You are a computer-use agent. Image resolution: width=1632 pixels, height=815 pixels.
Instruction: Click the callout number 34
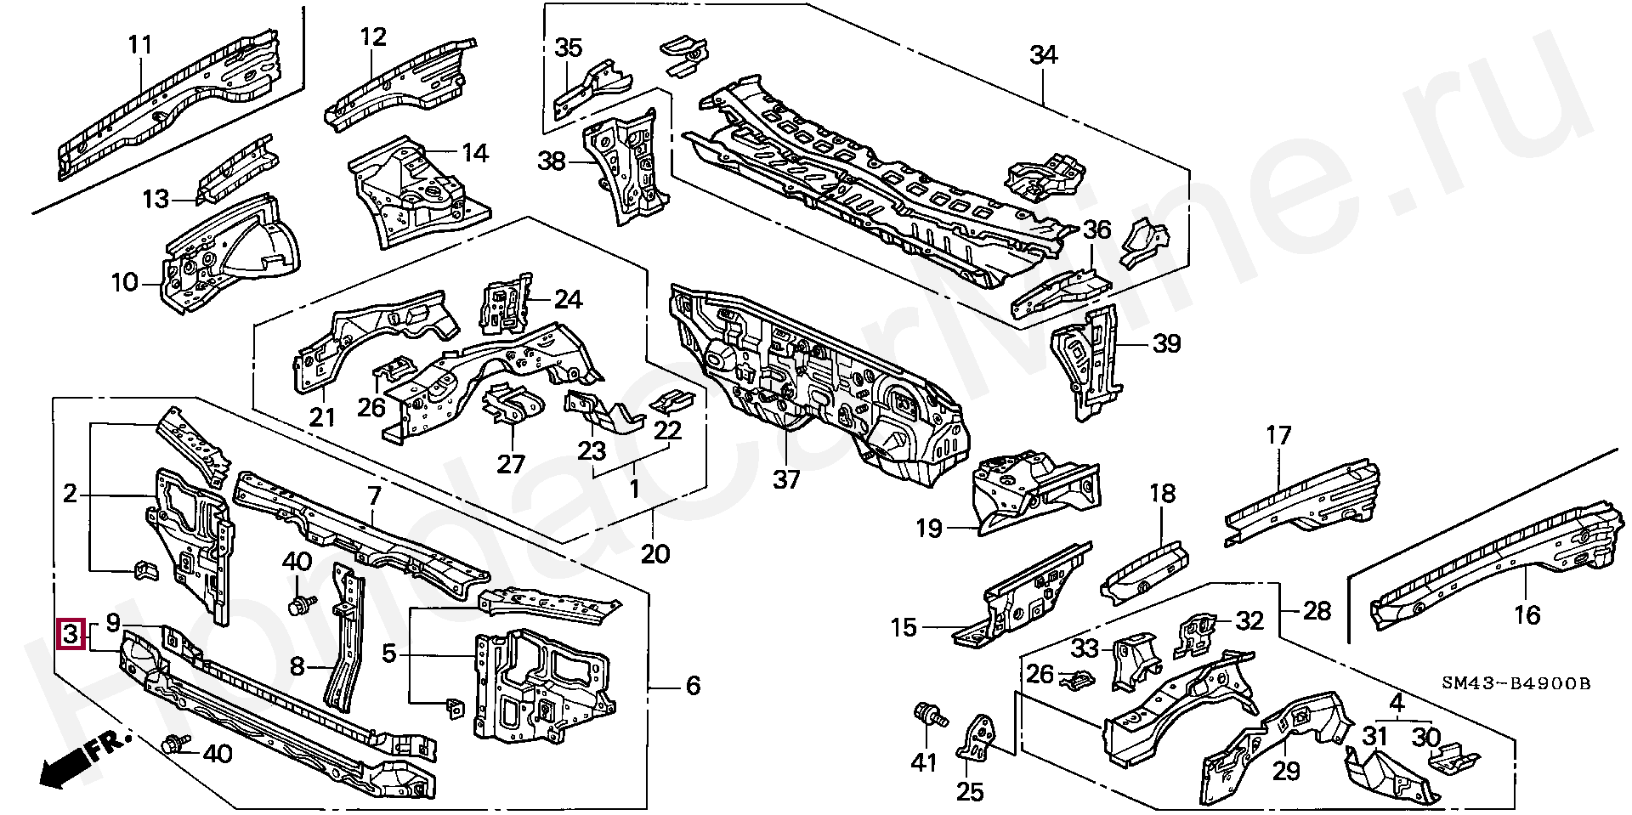1043,55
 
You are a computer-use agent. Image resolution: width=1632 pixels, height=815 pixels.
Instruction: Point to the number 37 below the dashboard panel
786,480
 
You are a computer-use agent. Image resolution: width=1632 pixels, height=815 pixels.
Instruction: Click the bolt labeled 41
932,718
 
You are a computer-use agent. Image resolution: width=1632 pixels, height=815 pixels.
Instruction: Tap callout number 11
139,45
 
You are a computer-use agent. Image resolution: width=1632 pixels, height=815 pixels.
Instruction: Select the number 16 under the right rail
1527,614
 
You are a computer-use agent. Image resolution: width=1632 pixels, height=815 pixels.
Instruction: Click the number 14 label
475,154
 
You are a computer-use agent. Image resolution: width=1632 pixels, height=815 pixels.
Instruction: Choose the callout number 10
124,281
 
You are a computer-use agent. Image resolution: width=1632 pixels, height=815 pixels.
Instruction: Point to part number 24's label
569,299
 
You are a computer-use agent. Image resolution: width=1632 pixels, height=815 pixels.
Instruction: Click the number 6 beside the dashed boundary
693,685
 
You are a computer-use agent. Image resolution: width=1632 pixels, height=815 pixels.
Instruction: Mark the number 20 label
654,555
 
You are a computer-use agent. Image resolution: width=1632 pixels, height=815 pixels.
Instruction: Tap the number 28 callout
1316,610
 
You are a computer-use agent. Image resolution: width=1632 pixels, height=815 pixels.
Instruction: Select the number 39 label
1167,344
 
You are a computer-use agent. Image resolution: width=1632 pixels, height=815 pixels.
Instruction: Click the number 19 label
930,529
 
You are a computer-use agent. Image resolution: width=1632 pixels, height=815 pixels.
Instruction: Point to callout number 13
156,200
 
